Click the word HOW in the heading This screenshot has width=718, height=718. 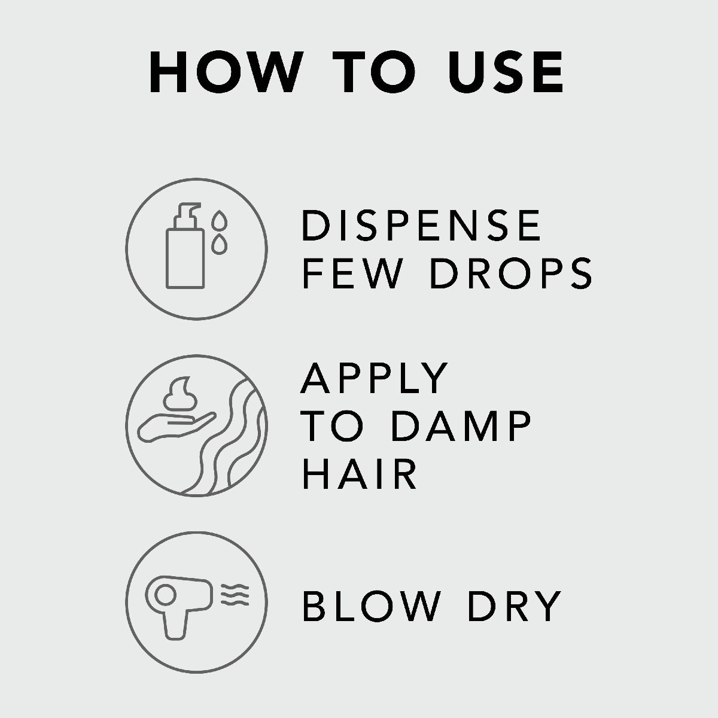click(x=226, y=72)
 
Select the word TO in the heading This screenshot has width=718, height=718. click(x=374, y=72)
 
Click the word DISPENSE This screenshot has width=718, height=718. click(x=421, y=225)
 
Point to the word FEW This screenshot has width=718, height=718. click(x=352, y=272)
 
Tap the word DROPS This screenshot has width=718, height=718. click(x=511, y=272)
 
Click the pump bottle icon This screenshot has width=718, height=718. click(x=185, y=245)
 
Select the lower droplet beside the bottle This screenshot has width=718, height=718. click(x=219, y=245)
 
